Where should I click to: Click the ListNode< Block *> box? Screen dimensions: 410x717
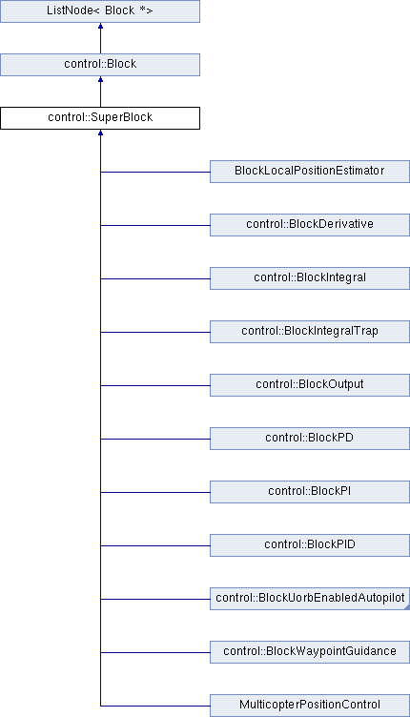tap(100, 11)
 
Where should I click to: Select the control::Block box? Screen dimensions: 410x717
tap(100, 65)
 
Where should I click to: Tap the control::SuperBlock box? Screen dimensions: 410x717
tap(100, 118)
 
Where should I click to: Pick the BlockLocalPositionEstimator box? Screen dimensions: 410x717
tap(310, 172)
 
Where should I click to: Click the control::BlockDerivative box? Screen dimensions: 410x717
tap(310, 225)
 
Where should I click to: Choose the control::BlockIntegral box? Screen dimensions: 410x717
tap(310, 278)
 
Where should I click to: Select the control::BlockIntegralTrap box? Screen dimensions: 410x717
tap(310, 332)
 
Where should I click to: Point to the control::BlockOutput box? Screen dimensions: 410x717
tap(310, 385)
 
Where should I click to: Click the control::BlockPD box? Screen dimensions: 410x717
tap(310, 439)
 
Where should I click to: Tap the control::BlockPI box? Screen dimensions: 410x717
tap(310, 492)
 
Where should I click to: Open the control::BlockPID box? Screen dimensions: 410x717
tap(310, 545)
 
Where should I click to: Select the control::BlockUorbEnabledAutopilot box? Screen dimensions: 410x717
tap(310, 599)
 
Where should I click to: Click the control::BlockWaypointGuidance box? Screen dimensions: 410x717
tap(310, 652)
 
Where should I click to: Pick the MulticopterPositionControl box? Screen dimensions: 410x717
tap(310, 706)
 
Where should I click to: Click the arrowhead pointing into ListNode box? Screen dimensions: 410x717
tap(100, 26)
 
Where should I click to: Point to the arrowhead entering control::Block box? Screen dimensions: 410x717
tap(100, 79)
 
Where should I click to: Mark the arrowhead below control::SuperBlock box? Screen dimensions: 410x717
tap(100, 133)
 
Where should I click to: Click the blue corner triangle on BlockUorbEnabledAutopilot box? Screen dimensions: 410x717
tap(407, 607)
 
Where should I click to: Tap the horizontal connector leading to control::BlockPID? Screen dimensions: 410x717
tap(155, 545)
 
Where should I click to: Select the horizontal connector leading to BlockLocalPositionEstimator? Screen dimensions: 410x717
tap(155, 172)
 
